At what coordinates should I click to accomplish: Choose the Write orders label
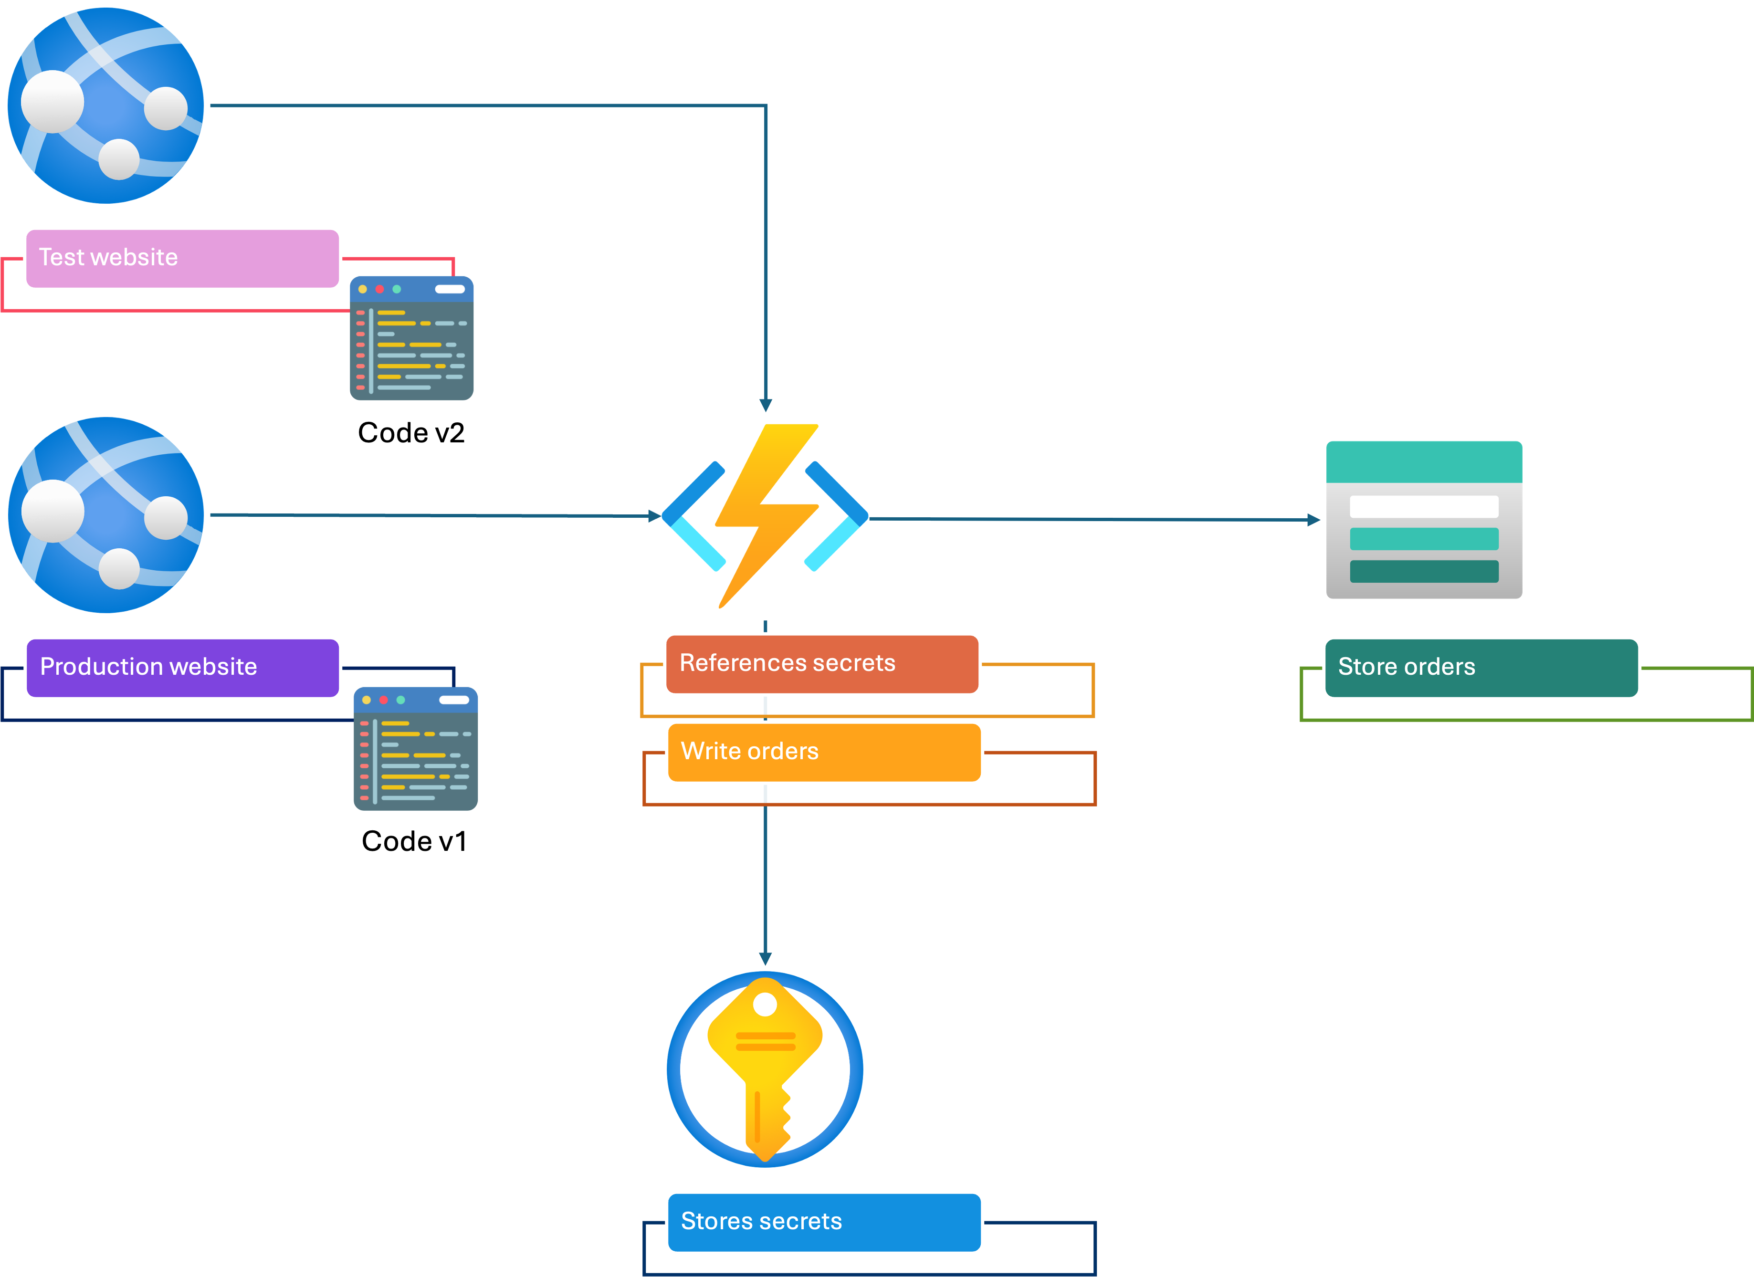click(824, 752)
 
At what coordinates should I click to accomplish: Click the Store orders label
click(1481, 667)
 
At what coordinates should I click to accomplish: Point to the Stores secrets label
click(824, 1221)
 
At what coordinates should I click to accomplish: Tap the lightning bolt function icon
click(766, 518)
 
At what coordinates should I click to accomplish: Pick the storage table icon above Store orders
click(1424, 520)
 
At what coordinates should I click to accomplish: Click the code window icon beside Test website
click(411, 338)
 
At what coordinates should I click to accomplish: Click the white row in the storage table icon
click(1424, 507)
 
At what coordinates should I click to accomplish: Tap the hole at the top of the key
click(765, 1004)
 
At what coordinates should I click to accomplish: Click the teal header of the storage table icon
click(1424, 462)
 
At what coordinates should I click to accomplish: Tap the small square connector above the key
click(765, 959)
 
